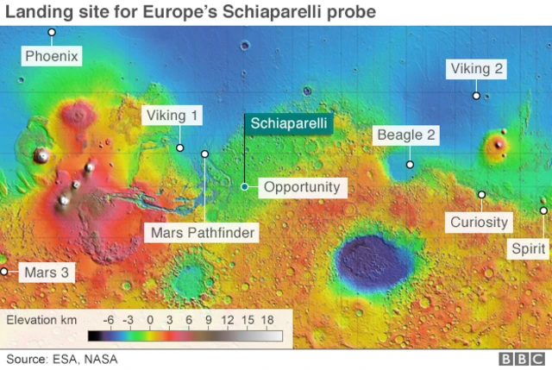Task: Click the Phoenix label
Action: (x=52, y=56)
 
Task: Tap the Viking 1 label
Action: (x=172, y=116)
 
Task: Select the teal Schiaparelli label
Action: (x=289, y=123)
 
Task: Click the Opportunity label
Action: (x=301, y=186)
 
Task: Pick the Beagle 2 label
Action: (x=405, y=135)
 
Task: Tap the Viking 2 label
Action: (x=475, y=69)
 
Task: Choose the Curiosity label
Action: (x=479, y=222)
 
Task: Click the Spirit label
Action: (x=527, y=248)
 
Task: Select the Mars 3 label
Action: (x=45, y=272)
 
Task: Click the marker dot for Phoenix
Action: (x=52, y=33)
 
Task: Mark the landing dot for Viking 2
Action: (x=475, y=95)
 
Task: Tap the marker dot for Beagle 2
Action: (x=411, y=164)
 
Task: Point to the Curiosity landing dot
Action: (x=481, y=195)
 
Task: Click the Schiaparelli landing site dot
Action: (x=245, y=186)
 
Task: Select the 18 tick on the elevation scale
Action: (x=267, y=319)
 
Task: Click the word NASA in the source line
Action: (x=101, y=359)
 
